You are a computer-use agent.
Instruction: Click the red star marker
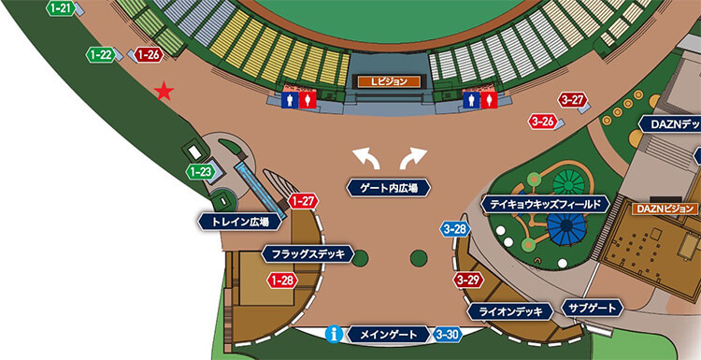click(x=165, y=91)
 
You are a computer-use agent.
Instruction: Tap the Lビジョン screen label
click(x=389, y=82)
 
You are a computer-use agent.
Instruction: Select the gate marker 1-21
click(x=61, y=7)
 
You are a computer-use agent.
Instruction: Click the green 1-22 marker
click(x=101, y=54)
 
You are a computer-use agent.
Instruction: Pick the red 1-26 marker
click(x=148, y=54)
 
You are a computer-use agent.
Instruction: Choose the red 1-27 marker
click(x=303, y=200)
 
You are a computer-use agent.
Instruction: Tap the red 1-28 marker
click(x=282, y=280)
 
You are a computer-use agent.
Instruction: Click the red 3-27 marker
click(x=572, y=100)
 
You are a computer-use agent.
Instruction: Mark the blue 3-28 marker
click(x=456, y=229)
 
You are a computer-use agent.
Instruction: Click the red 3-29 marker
click(x=468, y=280)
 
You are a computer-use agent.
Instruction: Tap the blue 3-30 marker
click(x=448, y=334)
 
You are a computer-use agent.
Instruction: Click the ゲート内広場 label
click(x=389, y=187)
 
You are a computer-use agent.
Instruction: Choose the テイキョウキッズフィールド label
click(x=546, y=203)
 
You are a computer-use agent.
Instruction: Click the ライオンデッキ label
click(x=509, y=311)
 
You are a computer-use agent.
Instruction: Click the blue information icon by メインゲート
click(x=333, y=334)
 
